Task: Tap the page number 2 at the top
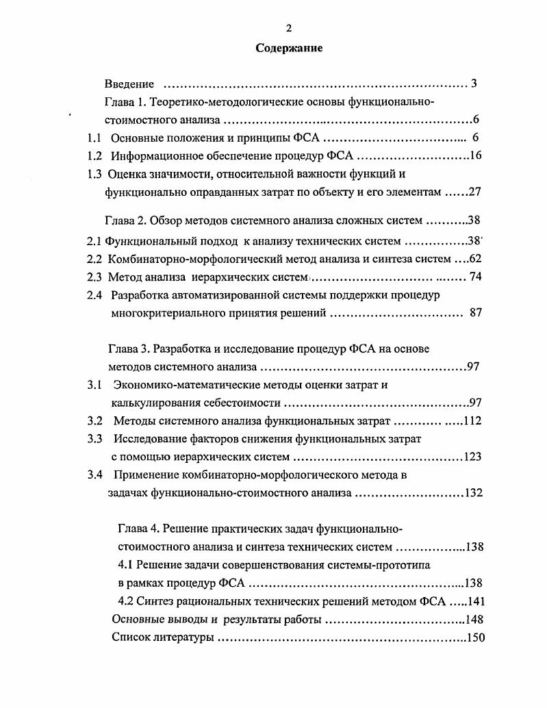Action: (x=288, y=28)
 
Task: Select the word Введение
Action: (x=129, y=84)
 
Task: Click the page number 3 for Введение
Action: (x=474, y=84)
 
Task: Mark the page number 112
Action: (x=473, y=421)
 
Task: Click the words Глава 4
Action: (x=138, y=529)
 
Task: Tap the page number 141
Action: (x=475, y=602)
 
